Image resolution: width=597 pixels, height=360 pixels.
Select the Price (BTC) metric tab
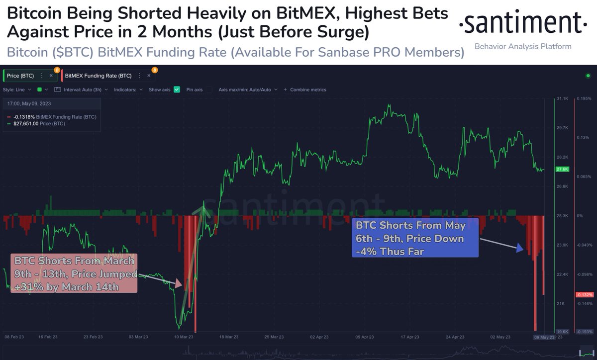pyautogui.click(x=20, y=76)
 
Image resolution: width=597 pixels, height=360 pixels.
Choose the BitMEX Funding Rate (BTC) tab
pyautogui.click(x=98, y=76)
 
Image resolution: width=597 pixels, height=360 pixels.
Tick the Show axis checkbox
pyautogui.click(x=177, y=90)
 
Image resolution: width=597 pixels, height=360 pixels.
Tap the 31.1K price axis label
pyautogui.click(x=563, y=98)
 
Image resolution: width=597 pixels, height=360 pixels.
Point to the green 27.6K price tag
pyautogui.click(x=562, y=169)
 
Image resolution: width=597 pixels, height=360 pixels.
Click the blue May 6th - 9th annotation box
pyautogui.click(x=415, y=238)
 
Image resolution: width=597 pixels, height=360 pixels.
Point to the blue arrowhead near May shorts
pyautogui.click(x=520, y=248)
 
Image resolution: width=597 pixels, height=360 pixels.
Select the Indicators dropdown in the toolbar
pyautogui.click(x=128, y=90)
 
